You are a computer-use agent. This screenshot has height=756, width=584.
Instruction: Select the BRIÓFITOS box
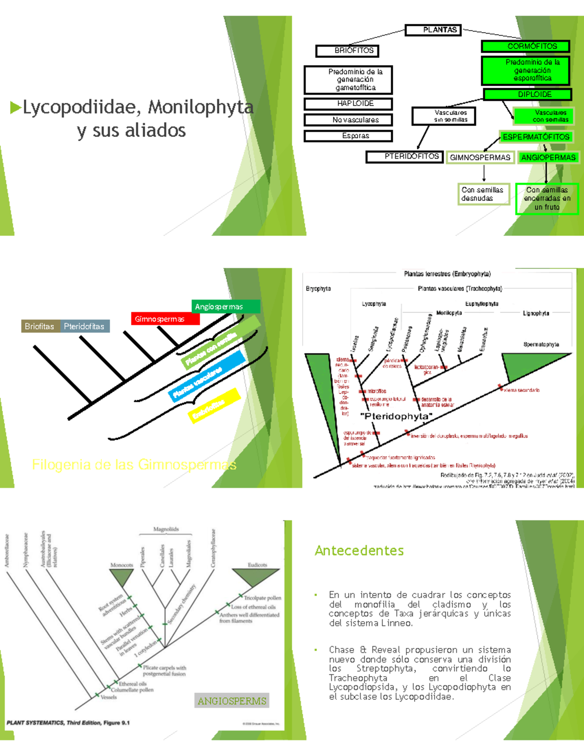pos(347,51)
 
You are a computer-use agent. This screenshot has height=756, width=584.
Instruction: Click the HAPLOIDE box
pos(348,104)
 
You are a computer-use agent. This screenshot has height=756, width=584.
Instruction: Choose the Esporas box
pos(348,136)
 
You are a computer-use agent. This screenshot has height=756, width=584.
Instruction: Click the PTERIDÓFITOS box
pos(404,157)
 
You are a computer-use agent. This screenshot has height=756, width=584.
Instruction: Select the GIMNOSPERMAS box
pos(480,157)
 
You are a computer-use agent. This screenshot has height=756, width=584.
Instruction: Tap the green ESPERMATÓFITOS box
pos(536,137)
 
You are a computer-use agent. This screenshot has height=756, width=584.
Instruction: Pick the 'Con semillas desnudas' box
pos(483,194)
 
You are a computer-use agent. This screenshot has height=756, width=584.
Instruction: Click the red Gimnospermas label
pos(165,319)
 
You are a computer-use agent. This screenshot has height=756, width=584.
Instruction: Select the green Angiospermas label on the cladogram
pos(226,307)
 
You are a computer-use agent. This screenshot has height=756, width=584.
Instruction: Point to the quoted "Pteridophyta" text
pos(396,416)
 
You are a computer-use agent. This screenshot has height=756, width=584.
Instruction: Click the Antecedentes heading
pos(359,551)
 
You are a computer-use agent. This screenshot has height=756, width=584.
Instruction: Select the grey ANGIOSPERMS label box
pos(232,701)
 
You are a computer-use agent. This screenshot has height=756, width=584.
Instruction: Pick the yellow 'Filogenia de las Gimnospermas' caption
pos(134,465)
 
